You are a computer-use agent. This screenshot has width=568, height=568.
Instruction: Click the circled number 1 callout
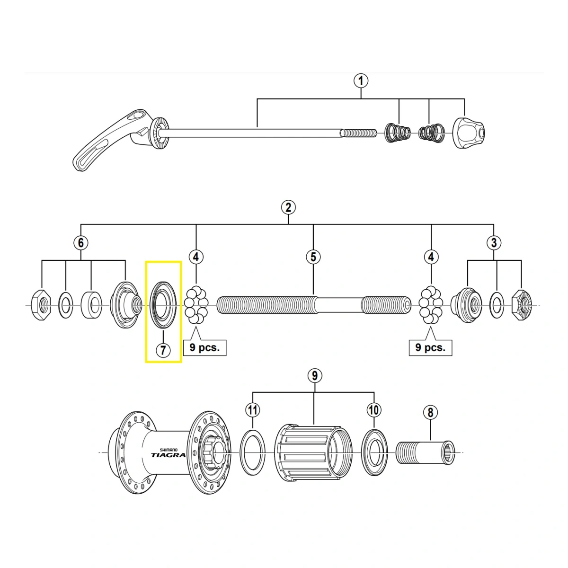pos(361,80)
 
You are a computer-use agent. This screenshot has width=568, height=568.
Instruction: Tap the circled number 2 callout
pos(288,207)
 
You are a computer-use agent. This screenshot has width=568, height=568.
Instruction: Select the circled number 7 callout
pos(162,350)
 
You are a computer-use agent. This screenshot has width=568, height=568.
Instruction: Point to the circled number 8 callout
pos(430,412)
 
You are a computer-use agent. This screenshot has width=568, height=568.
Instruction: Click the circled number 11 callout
pos(253,409)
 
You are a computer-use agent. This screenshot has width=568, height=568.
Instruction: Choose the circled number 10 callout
pos(374,409)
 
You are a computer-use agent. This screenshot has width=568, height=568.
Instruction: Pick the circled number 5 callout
pos(313,257)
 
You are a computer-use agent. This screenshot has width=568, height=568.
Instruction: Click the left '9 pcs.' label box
pos(204,347)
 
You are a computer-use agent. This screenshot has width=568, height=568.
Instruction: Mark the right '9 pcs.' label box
pos(430,347)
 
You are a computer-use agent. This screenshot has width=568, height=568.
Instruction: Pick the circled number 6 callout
pos(81,243)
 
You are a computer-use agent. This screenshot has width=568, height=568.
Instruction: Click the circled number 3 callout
pos(494,243)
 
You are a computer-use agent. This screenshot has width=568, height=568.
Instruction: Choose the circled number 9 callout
pos(314,376)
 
